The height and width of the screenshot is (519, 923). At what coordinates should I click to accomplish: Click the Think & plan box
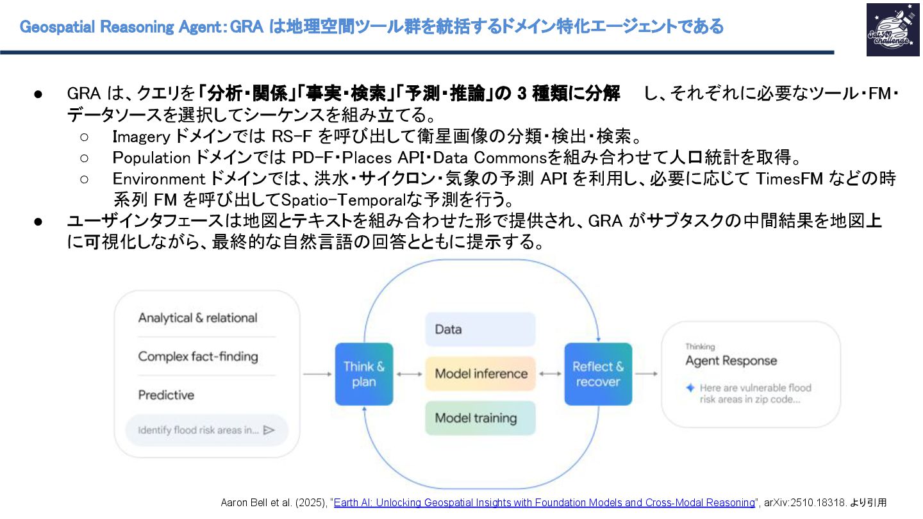(364, 374)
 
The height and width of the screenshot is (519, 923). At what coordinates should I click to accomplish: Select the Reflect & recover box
(598, 374)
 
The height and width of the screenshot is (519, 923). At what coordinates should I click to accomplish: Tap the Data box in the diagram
(480, 329)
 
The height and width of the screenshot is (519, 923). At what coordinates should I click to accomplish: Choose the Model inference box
(480, 374)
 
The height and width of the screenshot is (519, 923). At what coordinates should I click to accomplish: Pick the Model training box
(480, 418)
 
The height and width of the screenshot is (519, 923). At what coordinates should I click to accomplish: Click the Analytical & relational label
(197, 318)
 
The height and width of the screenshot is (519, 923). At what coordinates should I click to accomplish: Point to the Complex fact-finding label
(197, 356)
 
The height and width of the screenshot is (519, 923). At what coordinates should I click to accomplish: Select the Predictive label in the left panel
(166, 395)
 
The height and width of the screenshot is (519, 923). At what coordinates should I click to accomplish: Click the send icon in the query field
(269, 430)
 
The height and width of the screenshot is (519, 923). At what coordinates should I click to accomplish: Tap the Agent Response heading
(731, 361)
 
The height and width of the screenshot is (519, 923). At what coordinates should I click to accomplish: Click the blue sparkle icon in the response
(690, 388)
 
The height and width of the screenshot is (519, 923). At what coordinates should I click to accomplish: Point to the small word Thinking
(700, 347)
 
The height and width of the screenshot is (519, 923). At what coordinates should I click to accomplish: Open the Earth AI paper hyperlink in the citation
(544, 502)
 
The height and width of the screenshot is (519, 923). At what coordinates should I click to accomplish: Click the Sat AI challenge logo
(892, 29)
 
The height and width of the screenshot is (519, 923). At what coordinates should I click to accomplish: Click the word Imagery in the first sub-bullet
(141, 137)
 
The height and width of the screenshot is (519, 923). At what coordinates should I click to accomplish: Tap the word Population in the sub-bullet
(152, 158)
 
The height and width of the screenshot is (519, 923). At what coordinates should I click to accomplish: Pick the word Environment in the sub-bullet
(160, 179)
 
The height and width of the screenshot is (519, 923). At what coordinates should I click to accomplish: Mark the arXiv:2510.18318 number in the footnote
(805, 502)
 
